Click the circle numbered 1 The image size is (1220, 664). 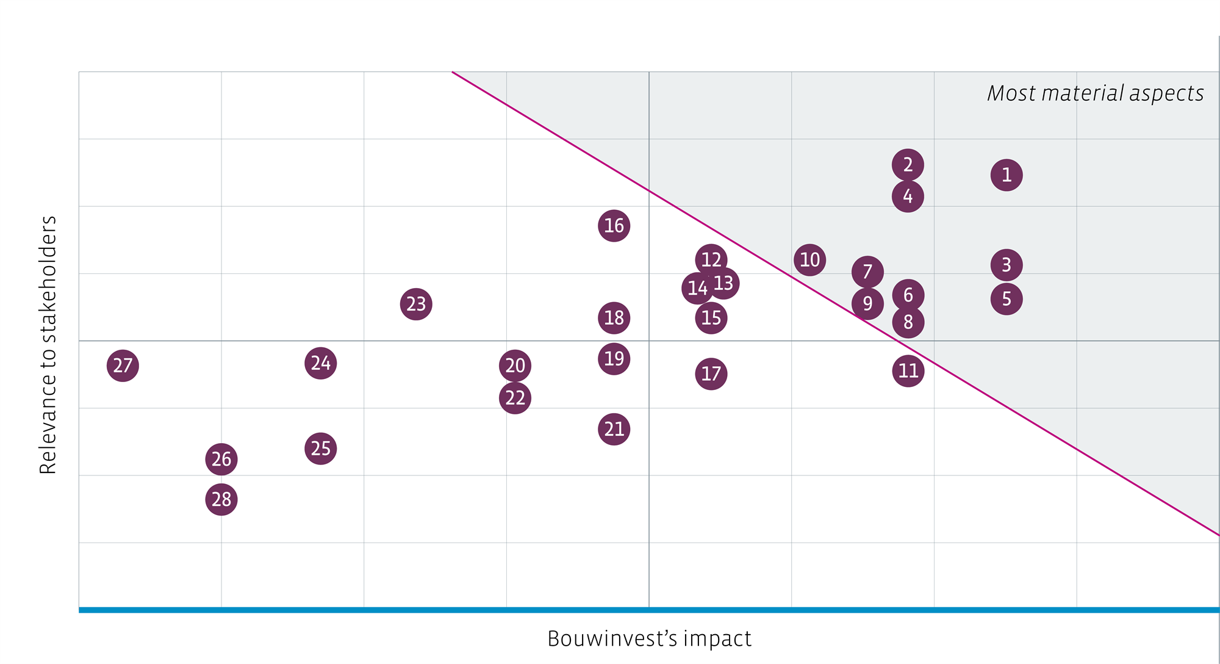point(1006,175)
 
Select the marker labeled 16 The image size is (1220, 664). point(614,226)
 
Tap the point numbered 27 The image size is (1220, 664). point(123,366)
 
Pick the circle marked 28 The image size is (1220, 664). point(221,499)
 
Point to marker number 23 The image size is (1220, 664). point(416,304)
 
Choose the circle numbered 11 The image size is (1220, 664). point(908,371)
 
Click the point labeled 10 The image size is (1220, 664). point(809,260)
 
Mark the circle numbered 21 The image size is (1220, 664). point(614,429)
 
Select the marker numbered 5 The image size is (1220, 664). point(1006,299)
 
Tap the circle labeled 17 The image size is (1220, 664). point(711,374)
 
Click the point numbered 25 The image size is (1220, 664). point(320,449)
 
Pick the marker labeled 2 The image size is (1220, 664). point(908,165)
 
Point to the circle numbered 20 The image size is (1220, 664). point(515,366)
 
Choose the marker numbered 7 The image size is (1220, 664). point(867,272)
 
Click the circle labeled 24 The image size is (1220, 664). point(320,363)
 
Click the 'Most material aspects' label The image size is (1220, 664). point(1095,93)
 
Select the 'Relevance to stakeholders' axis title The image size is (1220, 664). point(48,345)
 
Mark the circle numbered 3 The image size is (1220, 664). point(1006,265)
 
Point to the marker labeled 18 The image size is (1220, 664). point(614,318)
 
